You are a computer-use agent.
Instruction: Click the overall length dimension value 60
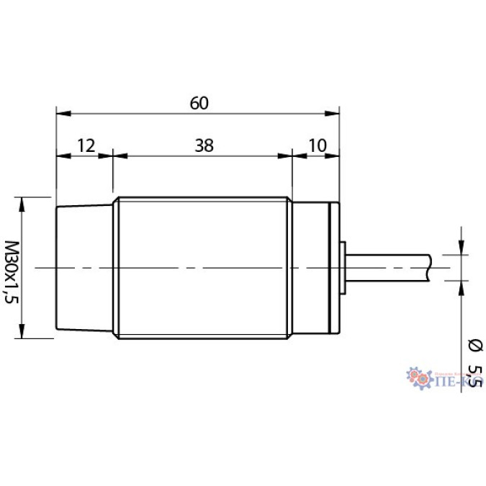[199, 103]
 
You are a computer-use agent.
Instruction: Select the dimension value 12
[85, 145]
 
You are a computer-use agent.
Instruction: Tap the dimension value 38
[204, 145]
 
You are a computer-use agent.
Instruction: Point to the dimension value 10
[317, 145]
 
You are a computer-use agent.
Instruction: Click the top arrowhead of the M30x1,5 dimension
[22, 203]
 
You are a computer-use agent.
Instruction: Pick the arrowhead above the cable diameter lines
[461, 248]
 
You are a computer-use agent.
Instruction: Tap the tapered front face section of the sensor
[85, 268]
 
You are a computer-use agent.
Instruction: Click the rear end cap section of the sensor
[313, 268]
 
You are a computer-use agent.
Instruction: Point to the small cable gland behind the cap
[343, 268]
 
